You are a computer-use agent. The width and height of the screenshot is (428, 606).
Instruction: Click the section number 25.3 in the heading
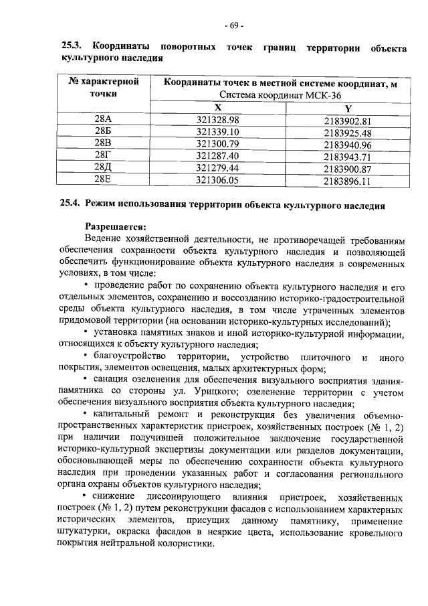pos(72,48)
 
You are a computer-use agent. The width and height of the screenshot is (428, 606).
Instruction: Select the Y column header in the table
pos(347,109)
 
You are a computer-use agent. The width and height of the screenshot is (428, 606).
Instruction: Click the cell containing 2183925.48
pos(347,133)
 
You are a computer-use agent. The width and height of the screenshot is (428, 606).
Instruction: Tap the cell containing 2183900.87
pos(347,169)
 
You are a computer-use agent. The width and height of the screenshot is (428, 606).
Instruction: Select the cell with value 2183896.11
pos(347,181)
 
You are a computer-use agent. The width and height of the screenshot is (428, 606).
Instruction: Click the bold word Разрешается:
pos(115,226)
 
